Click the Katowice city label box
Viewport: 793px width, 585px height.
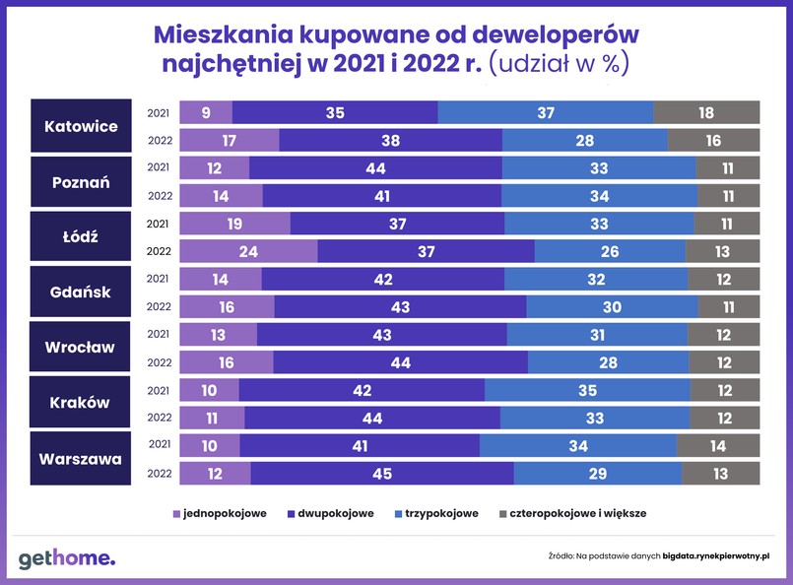[81, 126]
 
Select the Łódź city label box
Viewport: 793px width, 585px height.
[81, 236]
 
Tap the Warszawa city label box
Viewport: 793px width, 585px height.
[81, 458]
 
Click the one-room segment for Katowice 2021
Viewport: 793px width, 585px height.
[205, 113]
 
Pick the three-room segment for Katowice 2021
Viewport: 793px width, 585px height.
[546, 113]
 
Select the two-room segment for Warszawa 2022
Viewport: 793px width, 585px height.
[382, 474]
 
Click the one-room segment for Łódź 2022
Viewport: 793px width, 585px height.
[248, 252]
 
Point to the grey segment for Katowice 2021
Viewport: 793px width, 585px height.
[706, 113]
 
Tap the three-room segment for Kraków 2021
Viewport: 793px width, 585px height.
[587, 390]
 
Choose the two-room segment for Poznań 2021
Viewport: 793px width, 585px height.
[375, 168]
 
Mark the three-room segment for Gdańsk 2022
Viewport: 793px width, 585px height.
[612, 307]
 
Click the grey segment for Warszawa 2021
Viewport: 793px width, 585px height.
[718, 446]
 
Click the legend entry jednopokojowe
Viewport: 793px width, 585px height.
[220, 513]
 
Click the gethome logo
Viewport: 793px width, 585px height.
[66, 558]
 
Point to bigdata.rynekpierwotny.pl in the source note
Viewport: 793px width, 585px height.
[716, 556]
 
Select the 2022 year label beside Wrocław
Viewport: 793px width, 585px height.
[160, 362]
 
